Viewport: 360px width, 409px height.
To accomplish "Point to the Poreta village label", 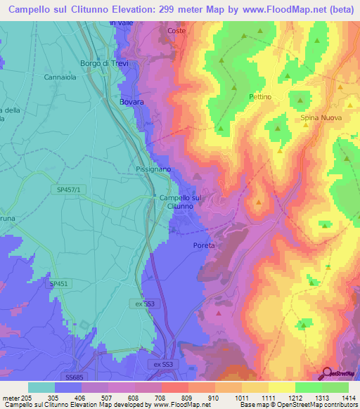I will click(203, 246).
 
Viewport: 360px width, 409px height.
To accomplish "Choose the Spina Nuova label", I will click(321, 118).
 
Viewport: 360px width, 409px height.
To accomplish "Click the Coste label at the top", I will click(176, 31).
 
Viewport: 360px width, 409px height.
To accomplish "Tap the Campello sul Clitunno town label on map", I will click(181, 202).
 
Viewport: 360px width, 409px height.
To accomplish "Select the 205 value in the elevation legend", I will click(22, 397).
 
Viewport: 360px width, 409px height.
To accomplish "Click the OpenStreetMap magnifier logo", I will click(327, 374).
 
